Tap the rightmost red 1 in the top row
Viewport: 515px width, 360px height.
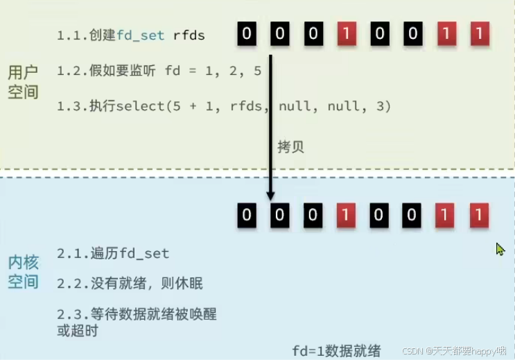tap(478, 33)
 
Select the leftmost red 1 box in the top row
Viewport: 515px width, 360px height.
tap(345, 33)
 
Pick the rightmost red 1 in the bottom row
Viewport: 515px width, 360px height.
tap(478, 215)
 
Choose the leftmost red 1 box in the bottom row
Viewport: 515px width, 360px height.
tap(345, 215)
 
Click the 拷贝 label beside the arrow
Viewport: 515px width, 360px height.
tap(290, 147)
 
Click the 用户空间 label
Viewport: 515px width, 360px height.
tap(23, 82)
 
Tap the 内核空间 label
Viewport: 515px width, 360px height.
tap(23, 272)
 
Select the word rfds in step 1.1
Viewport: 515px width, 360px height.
tap(189, 35)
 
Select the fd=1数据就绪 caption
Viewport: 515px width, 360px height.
tap(336, 350)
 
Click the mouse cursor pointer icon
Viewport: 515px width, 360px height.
tap(500, 249)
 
